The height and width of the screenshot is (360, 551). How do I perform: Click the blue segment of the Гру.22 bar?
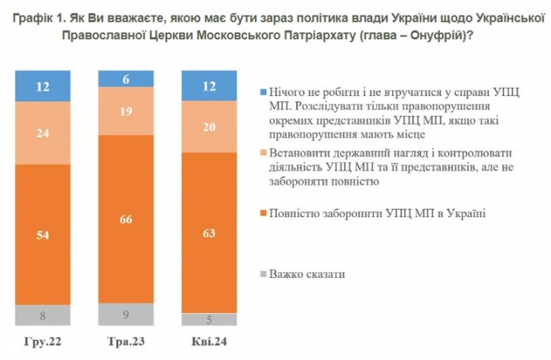pos(42,86)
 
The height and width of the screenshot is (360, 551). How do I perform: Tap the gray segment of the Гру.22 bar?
pos(42,315)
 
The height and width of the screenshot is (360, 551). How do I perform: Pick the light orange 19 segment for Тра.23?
pos(125,111)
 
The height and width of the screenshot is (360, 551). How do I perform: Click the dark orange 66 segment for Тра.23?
pos(125,219)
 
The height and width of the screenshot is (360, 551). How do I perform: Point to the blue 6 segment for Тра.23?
pos(125,78)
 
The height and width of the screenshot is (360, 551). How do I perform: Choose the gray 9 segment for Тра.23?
pos(125,315)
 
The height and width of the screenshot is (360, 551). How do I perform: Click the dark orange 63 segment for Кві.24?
pos(210,233)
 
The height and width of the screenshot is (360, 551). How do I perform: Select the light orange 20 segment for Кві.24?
pos(210,126)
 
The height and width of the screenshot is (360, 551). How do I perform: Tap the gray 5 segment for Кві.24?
pos(210,319)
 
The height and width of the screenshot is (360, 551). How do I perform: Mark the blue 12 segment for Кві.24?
pos(210,86)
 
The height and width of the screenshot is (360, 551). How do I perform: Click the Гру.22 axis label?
pos(42,342)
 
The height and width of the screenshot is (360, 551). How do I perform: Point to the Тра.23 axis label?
pos(125,342)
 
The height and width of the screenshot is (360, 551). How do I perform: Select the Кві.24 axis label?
pos(210,342)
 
